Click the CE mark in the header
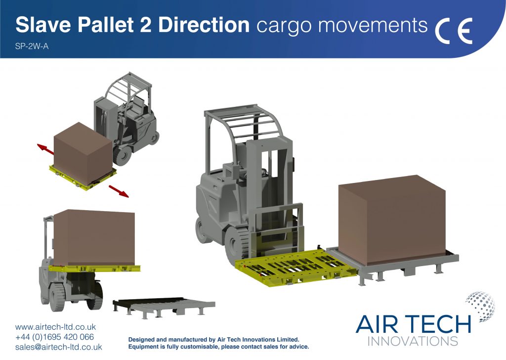click(454, 31)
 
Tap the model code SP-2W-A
click(32, 46)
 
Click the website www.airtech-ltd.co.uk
click(55, 327)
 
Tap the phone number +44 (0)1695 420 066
click(54, 337)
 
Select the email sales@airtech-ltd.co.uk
click(58, 347)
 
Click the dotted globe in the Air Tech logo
click(480, 307)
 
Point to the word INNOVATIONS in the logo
click(413, 341)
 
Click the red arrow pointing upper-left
click(45, 149)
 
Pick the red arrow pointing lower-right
click(119, 191)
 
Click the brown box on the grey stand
click(392, 220)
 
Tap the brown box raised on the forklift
click(94, 238)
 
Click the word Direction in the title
click(204, 25)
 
